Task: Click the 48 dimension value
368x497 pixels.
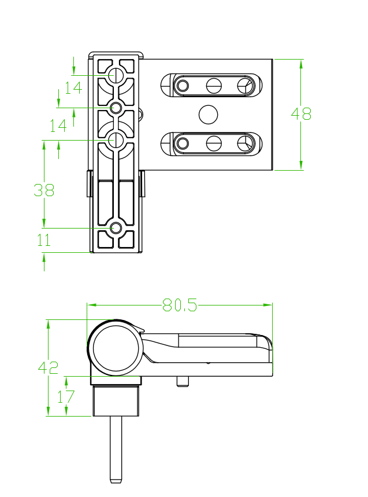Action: point(301,114)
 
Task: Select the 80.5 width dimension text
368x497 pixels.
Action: point(180,305)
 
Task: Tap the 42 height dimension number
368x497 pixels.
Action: point(48,367)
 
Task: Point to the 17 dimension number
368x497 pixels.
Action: point(65,396)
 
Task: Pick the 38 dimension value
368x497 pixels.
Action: point(44,190)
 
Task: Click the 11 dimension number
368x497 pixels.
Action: point(44,240)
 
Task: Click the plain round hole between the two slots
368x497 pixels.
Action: point(208,115)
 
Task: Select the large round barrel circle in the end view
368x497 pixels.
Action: point(116,348)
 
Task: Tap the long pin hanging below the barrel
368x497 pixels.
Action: point(116,449)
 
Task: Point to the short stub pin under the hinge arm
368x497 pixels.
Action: point(183,381)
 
